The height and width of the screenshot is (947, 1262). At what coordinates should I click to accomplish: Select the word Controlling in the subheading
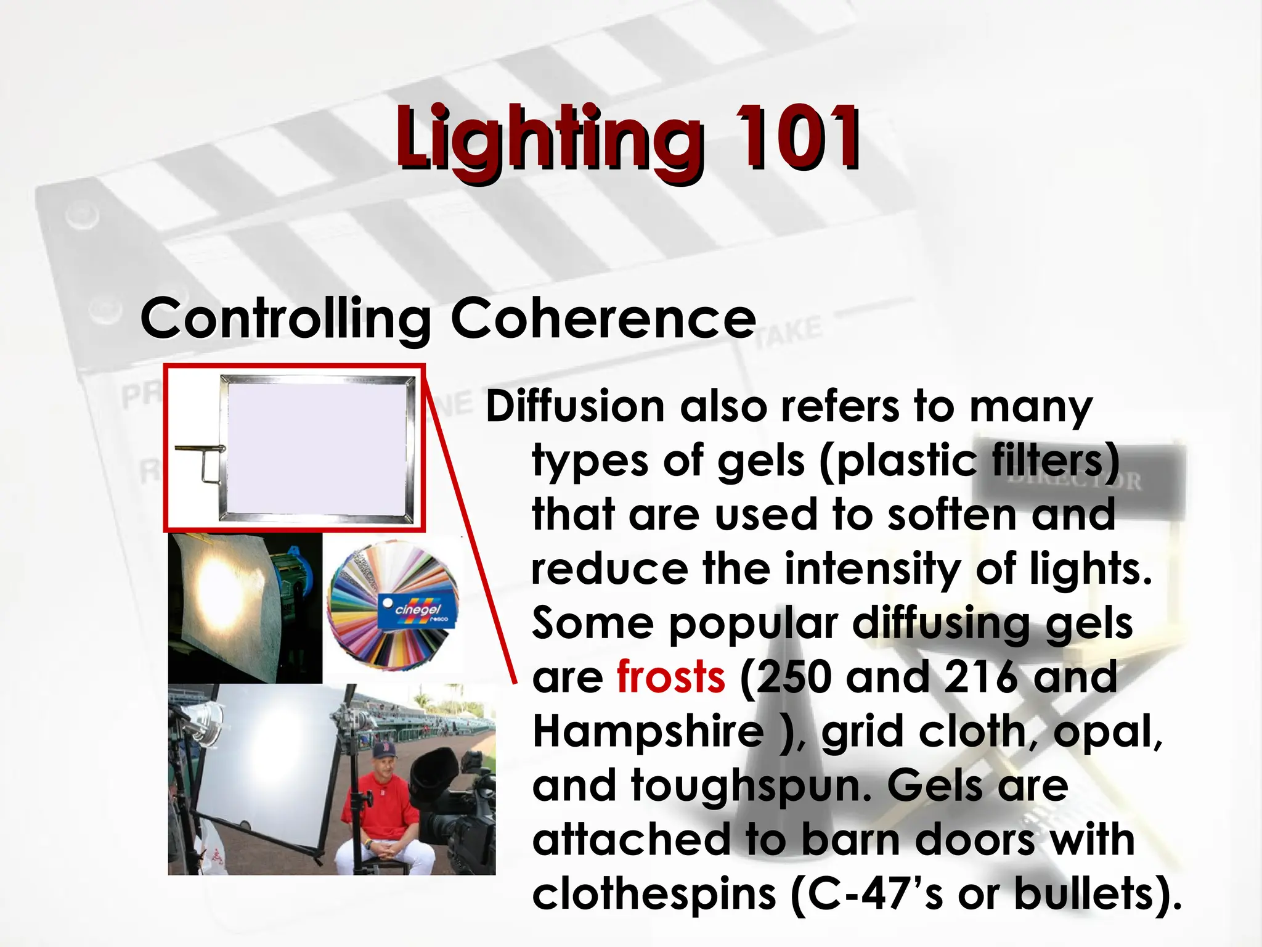tap(285, 319)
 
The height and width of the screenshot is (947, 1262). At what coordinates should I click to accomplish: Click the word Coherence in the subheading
tap(603, 319)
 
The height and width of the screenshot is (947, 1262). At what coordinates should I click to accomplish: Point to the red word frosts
tap(670, 677)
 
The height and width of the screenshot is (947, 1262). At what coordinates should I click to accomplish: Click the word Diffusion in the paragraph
tap(575, 407)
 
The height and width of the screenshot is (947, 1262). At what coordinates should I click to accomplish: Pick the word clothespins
tap(653, 894)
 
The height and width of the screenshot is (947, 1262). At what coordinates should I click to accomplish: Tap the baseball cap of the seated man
tap(383, 752)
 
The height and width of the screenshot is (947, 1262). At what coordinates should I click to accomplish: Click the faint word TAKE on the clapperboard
tap(789, 333)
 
